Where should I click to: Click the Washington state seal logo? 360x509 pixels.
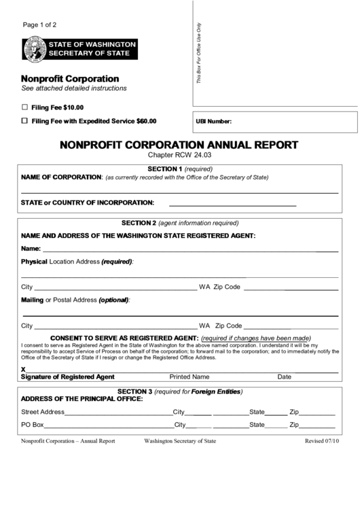tap(33, 48)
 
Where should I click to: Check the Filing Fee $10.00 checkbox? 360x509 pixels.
tap(25, 107)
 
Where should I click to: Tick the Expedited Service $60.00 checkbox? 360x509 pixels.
tap(25, 121)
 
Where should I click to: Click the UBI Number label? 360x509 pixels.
tap(214, 122)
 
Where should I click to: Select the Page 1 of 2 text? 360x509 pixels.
tap(39, 25)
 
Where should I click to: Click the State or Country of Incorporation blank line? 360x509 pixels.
tap(232, 203)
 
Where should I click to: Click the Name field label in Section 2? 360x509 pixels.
tap(31, 249)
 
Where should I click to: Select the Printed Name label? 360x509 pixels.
tap(189, 376)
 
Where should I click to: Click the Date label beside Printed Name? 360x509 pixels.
tap(284, 376)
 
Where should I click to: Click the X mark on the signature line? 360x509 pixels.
tap(24, 369)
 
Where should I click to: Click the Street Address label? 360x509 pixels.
tap(43, 412)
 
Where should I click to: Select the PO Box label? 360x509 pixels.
tap(33, 425)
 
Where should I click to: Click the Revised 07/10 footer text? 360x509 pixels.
tap(321, 441)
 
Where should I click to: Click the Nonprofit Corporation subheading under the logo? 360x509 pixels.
tap(70, 79)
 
